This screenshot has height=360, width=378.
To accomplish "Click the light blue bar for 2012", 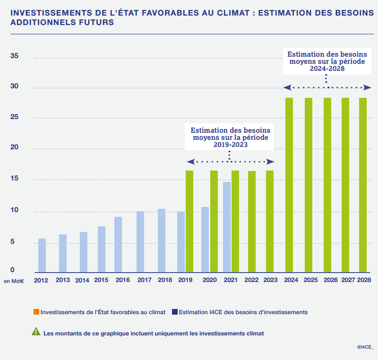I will (x=42, y=255).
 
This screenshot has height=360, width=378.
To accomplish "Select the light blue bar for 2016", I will (x=118, y=244).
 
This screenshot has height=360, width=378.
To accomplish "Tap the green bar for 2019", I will (x=189, y=221).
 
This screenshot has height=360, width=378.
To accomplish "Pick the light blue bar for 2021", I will (x=227, y=227).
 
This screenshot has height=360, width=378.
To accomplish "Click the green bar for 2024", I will (x=289, y=185).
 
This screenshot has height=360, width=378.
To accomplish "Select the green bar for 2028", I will (x=363, y=185).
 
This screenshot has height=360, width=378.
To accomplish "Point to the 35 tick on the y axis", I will (x=14, y=56).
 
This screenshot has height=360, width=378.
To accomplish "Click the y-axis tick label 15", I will (x=14, y=180).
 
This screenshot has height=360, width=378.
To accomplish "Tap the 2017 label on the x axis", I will (x=144, y=280).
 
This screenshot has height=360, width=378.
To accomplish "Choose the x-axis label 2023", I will (x=270, y=280).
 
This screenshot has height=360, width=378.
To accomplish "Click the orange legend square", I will (x=36, y=312).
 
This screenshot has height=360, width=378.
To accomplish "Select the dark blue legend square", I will (x=175, y=312).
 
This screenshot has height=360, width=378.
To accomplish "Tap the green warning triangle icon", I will (x=36, y=332).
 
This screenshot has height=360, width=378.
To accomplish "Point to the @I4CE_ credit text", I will (x=365, y=347).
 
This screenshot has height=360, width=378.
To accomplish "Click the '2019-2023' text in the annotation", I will (x=230, y=145).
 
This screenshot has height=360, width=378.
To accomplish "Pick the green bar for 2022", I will (x=252, y=221).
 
